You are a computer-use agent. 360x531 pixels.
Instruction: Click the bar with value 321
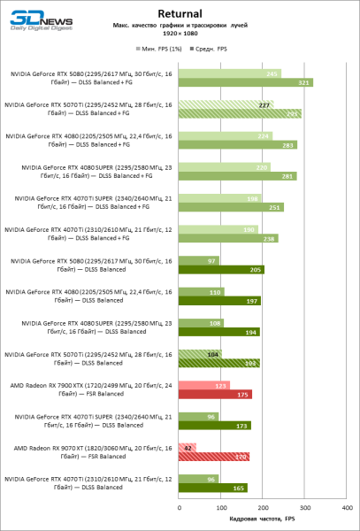tap(245, 82)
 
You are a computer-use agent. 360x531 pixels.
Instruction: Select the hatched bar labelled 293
tap(240, 114)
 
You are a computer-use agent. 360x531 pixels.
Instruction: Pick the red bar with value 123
tap(204, 385)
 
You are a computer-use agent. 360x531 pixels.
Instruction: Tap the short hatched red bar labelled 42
tap(187, 447)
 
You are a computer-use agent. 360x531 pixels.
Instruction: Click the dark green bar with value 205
tap(221, 269)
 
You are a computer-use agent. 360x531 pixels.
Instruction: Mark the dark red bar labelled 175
tap(215, 395)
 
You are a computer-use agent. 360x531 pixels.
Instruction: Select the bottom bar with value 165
tap(213, 488)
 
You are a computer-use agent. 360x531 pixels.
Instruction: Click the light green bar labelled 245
tap(229, 73)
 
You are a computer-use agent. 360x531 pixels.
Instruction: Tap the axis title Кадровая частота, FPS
tap(263, 519)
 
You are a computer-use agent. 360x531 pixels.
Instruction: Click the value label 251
tap(277, 207)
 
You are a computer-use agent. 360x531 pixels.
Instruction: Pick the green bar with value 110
tap(202, 291)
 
